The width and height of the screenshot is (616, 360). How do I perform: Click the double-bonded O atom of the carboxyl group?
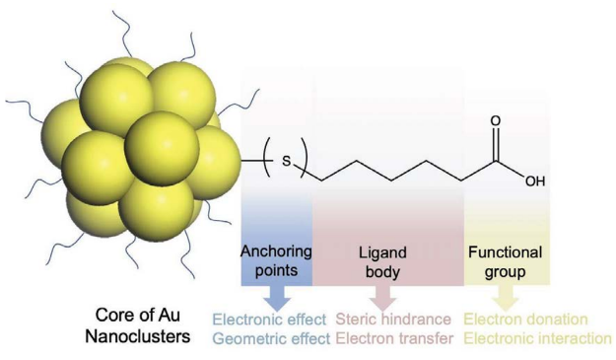pos(495,121)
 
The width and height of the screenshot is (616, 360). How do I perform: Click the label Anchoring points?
pos(277,258)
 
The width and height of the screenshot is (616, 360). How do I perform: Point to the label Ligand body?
pos(380,258)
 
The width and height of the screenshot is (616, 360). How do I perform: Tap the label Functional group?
pos(506,258)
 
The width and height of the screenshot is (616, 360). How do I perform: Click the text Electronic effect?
pos(269,321)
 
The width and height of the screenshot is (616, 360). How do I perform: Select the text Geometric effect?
pos(269,338)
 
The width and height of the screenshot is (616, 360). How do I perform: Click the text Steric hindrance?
pos(393,321)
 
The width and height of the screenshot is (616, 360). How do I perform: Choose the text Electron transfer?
pos(393,338)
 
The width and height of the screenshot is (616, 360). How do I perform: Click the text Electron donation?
pos(525,321)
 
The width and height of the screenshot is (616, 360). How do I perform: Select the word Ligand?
pos(380,251)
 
